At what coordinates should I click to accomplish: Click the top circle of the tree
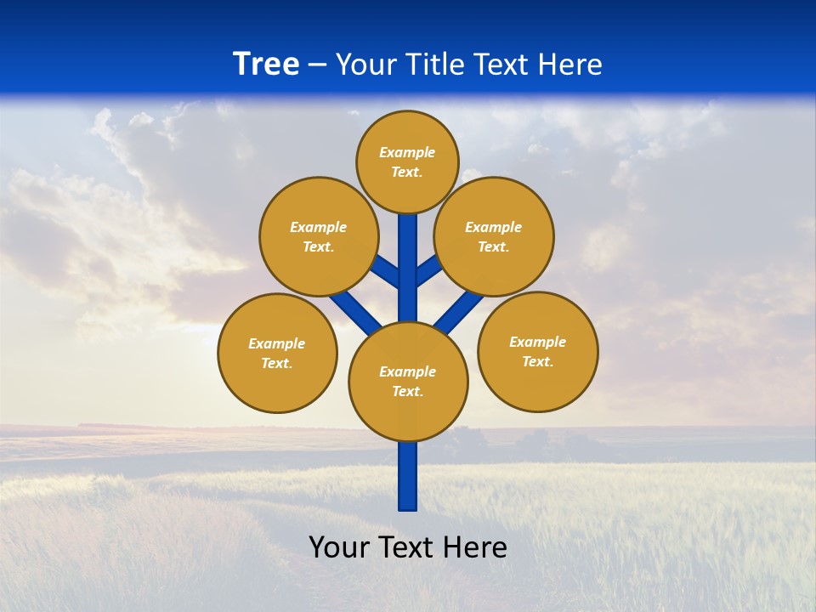coord(407,161)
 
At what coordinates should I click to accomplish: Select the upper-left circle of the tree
coord(319,236)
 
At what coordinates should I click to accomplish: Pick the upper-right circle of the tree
coord(494,236)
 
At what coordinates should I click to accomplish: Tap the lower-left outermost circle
coord(277,353)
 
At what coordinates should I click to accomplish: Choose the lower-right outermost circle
coord(538,351)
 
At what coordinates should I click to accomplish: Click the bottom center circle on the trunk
coord(408,382)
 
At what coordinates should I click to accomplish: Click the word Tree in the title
coord(266,65)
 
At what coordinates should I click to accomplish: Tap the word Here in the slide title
coord(569,65)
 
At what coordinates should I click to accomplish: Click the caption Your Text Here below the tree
coord(408,547)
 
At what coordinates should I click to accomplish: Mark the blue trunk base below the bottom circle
coord(408,476)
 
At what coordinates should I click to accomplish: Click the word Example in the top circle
coord(407,152)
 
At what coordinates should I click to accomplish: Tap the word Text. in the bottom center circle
coord(408,392)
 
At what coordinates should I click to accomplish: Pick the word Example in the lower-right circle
coord(538,342)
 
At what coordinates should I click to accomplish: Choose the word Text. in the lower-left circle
coord(277,364)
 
